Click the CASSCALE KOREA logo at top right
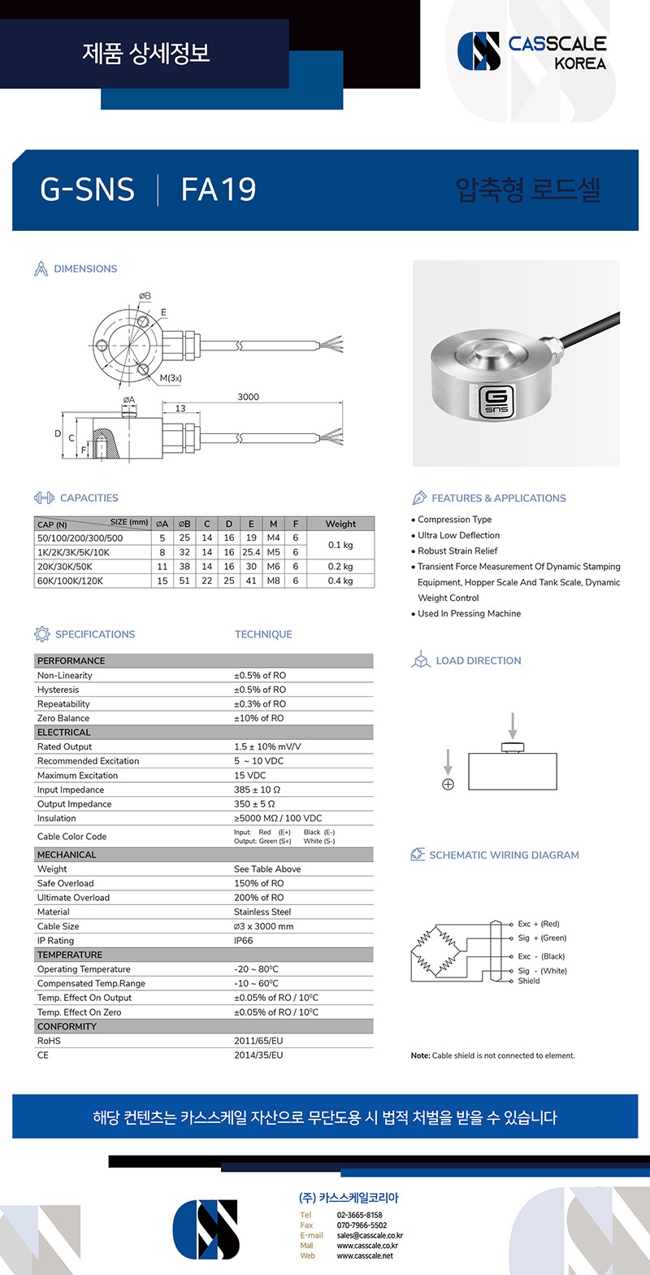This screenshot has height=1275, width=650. click(x=531, y=52)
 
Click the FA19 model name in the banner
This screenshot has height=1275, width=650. click(x=219, y=189)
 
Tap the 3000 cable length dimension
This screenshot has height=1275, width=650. click(x=248, y=397)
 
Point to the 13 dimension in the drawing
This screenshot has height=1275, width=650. click(x=180, y=407)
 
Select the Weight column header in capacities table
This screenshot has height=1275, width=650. click(x=340, y=524)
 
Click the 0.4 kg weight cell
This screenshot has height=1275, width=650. click(x=340, y=581)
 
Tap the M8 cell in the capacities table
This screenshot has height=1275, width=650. click(x=273, y=581)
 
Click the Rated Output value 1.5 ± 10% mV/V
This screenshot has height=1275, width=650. click(x=266, y=746)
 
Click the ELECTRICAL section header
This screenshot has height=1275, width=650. click(x=64, y=733)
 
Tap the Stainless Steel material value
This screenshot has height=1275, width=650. click(x=262, y=912)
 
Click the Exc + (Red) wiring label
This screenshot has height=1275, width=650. click(x=539, y=925)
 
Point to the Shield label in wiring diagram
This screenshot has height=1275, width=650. click(x=529, y=981)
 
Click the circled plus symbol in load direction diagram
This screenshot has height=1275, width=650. click(x=448, y=784)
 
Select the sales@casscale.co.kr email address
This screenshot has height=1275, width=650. click(x=370, y=1235)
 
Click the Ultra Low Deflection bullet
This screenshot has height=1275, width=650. click(x=458, y=535)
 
